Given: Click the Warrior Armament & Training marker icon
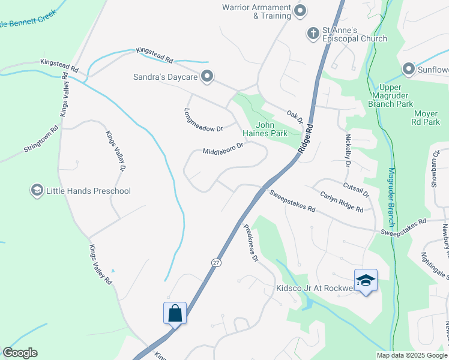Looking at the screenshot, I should pos(301,11).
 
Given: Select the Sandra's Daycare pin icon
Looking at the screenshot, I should pos(207,76).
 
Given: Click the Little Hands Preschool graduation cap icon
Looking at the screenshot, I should pos(37,191).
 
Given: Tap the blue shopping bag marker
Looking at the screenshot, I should pos(175,313).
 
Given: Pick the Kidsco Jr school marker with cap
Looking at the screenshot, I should pos(366,280).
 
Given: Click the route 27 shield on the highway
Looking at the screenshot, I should pos(215,262).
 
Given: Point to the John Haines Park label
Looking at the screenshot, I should pos(265,128).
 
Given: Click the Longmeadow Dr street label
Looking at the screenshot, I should pos(203,120).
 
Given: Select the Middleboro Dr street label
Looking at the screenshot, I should pos(223,148).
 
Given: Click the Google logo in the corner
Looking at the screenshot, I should pos(20,353).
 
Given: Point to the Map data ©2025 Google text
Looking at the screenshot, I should pos(412,355).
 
